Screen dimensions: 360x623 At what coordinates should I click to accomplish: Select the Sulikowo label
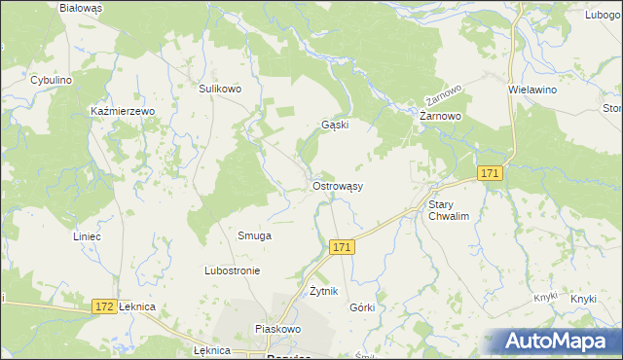(219, 89)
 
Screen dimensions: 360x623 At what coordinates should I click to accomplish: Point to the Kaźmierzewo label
(123, 112)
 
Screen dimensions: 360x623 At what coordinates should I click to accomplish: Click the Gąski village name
(335, 125)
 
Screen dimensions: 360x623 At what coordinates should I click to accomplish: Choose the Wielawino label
(531, 89)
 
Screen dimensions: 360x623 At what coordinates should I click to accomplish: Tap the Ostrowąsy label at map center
(338, 185)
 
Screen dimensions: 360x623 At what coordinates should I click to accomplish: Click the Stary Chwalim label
(450, 210)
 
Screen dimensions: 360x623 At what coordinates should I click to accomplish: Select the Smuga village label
(254, 235)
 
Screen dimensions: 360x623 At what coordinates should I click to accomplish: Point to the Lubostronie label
(232, 270)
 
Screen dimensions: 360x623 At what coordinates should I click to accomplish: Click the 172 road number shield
(106, 306)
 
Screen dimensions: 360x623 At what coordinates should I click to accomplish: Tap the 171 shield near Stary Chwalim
(490, 173)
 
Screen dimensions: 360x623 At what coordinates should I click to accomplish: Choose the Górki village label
(361, 306)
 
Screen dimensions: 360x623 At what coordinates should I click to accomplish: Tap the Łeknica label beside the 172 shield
(137, 306)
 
